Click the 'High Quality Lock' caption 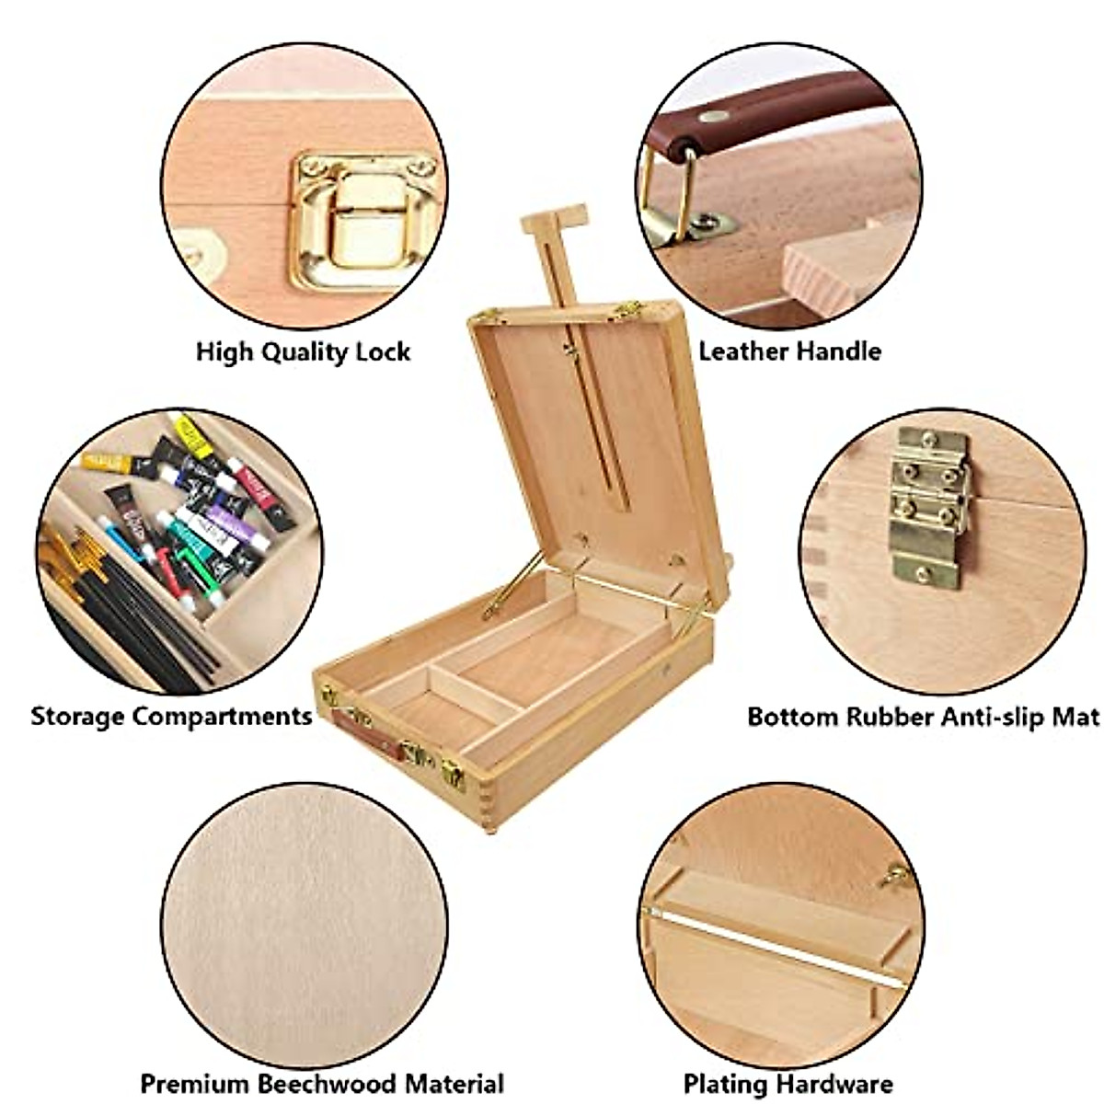(x=303, y=351)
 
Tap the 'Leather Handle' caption (x=789, y=351)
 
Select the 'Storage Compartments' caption (x=171, y=716)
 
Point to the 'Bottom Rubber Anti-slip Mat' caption (x=923, y=717)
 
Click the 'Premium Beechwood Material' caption (x=321, y=1083)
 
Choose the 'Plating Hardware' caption (x=788, y=1084)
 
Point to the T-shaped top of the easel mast (x=553, y=221)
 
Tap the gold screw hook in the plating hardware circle (x=893, y=879)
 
